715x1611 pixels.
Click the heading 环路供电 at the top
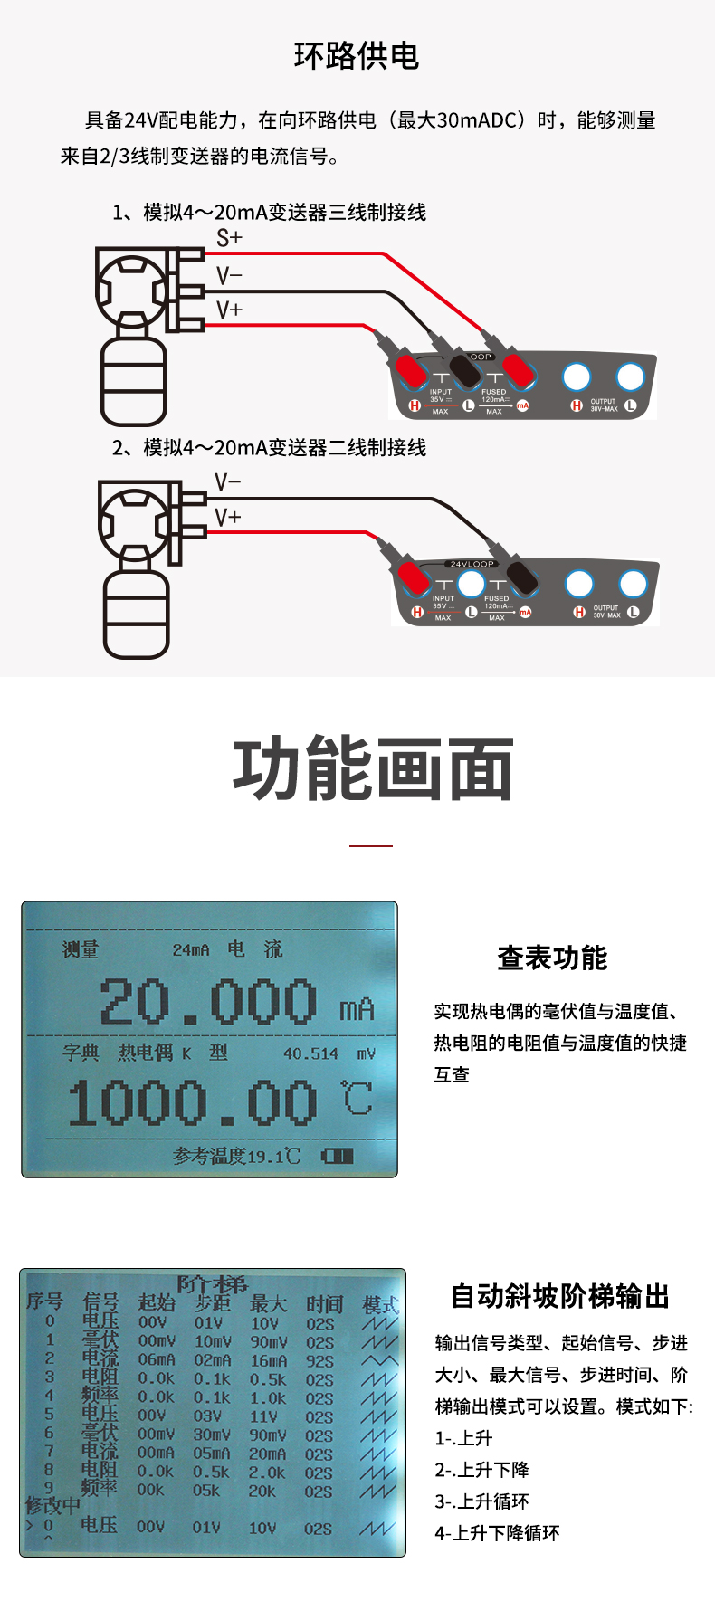click(x=357, y=56)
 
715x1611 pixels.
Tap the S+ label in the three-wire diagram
click(x=229, y=238)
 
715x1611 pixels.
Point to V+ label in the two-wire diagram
click(x=227, y=517)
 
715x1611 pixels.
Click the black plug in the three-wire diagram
click(x=464, y=369)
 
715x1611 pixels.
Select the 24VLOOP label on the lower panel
click(x=472, y=564)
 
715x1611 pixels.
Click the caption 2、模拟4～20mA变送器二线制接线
click(x=269, y=448)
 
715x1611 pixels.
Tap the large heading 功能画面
click(x=372, y=769)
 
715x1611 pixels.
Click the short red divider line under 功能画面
click(x=371, y=845)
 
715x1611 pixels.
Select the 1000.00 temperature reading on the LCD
click(x=192, y=1103)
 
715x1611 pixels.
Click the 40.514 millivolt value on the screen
click(x=310, y=1053)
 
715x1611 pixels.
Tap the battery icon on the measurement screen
click(x=337, y=1156)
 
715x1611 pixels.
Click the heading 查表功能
click(x=552, y=958)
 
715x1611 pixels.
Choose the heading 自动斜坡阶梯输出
click(x=560, y=1296)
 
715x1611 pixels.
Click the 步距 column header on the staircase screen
click(x=213, y=1303)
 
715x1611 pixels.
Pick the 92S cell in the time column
click(x=319, y=1360)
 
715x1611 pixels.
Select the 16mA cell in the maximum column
click(x=268, y=1360)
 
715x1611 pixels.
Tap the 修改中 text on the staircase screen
click(x=52, y=1506)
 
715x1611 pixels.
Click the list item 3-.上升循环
click(x=481, y=1501)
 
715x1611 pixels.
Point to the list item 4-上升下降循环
click(x=497, y=1533)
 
